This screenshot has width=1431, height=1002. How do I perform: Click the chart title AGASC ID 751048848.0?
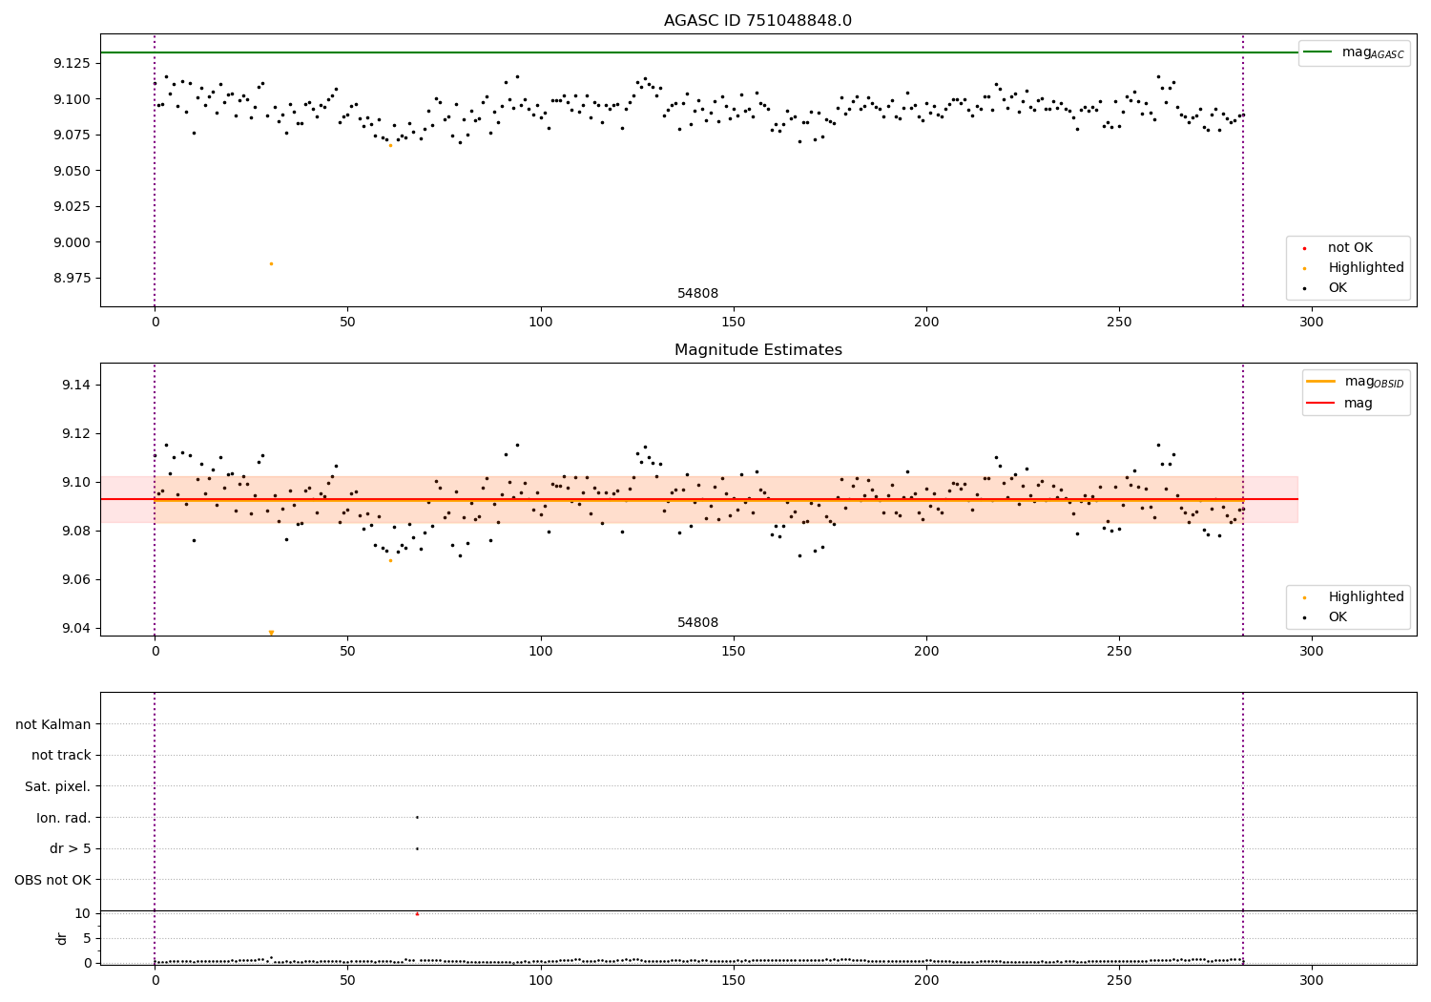click(757, 21)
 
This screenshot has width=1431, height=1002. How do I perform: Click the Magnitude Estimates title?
click(757, 350)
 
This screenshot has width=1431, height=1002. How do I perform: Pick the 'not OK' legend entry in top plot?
click(1350, 248)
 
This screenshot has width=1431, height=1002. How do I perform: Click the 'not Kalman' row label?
click(53, 724)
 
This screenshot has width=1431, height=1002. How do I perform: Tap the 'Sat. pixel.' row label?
click(58, 786)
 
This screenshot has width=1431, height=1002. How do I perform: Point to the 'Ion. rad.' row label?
click(64, 818)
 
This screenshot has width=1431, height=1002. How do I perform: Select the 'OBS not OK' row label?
click(53, 880)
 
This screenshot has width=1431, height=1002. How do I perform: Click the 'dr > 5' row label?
click(71, 848)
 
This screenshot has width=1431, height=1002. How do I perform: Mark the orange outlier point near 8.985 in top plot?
click(271, 263)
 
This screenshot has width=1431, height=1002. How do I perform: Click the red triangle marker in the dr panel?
click(417, 914)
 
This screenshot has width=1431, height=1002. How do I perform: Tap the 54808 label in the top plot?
click(697, 294)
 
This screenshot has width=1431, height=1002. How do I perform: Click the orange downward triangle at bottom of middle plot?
click(271, 633)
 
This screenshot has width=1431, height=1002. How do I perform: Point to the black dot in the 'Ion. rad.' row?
click(417, 817)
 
